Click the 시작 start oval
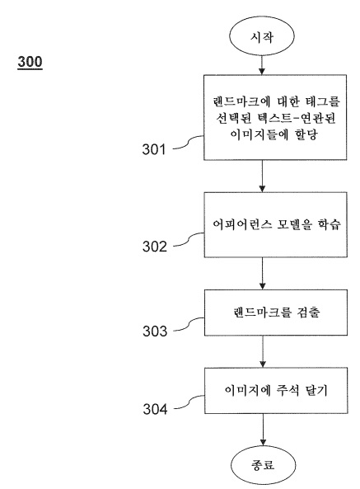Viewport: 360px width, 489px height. click(262, 36)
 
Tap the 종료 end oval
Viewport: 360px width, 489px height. click(263, 465)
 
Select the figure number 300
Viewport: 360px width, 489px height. click(30, 62)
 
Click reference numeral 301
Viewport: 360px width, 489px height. click(154, 149)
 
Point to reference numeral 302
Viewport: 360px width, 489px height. click(155, 247)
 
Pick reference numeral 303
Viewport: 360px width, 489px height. click(155, 331)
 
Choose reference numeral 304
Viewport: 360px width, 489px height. click(155, 409)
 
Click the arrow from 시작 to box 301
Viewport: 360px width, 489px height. click(262, 65)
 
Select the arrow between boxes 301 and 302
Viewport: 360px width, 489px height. click(262, 176)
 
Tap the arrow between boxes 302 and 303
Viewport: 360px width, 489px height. click(263, 273)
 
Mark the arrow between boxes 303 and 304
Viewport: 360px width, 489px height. click(263, 351)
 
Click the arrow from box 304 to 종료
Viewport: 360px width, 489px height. click(263, 430)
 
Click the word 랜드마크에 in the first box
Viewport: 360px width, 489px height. click(241, 102)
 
